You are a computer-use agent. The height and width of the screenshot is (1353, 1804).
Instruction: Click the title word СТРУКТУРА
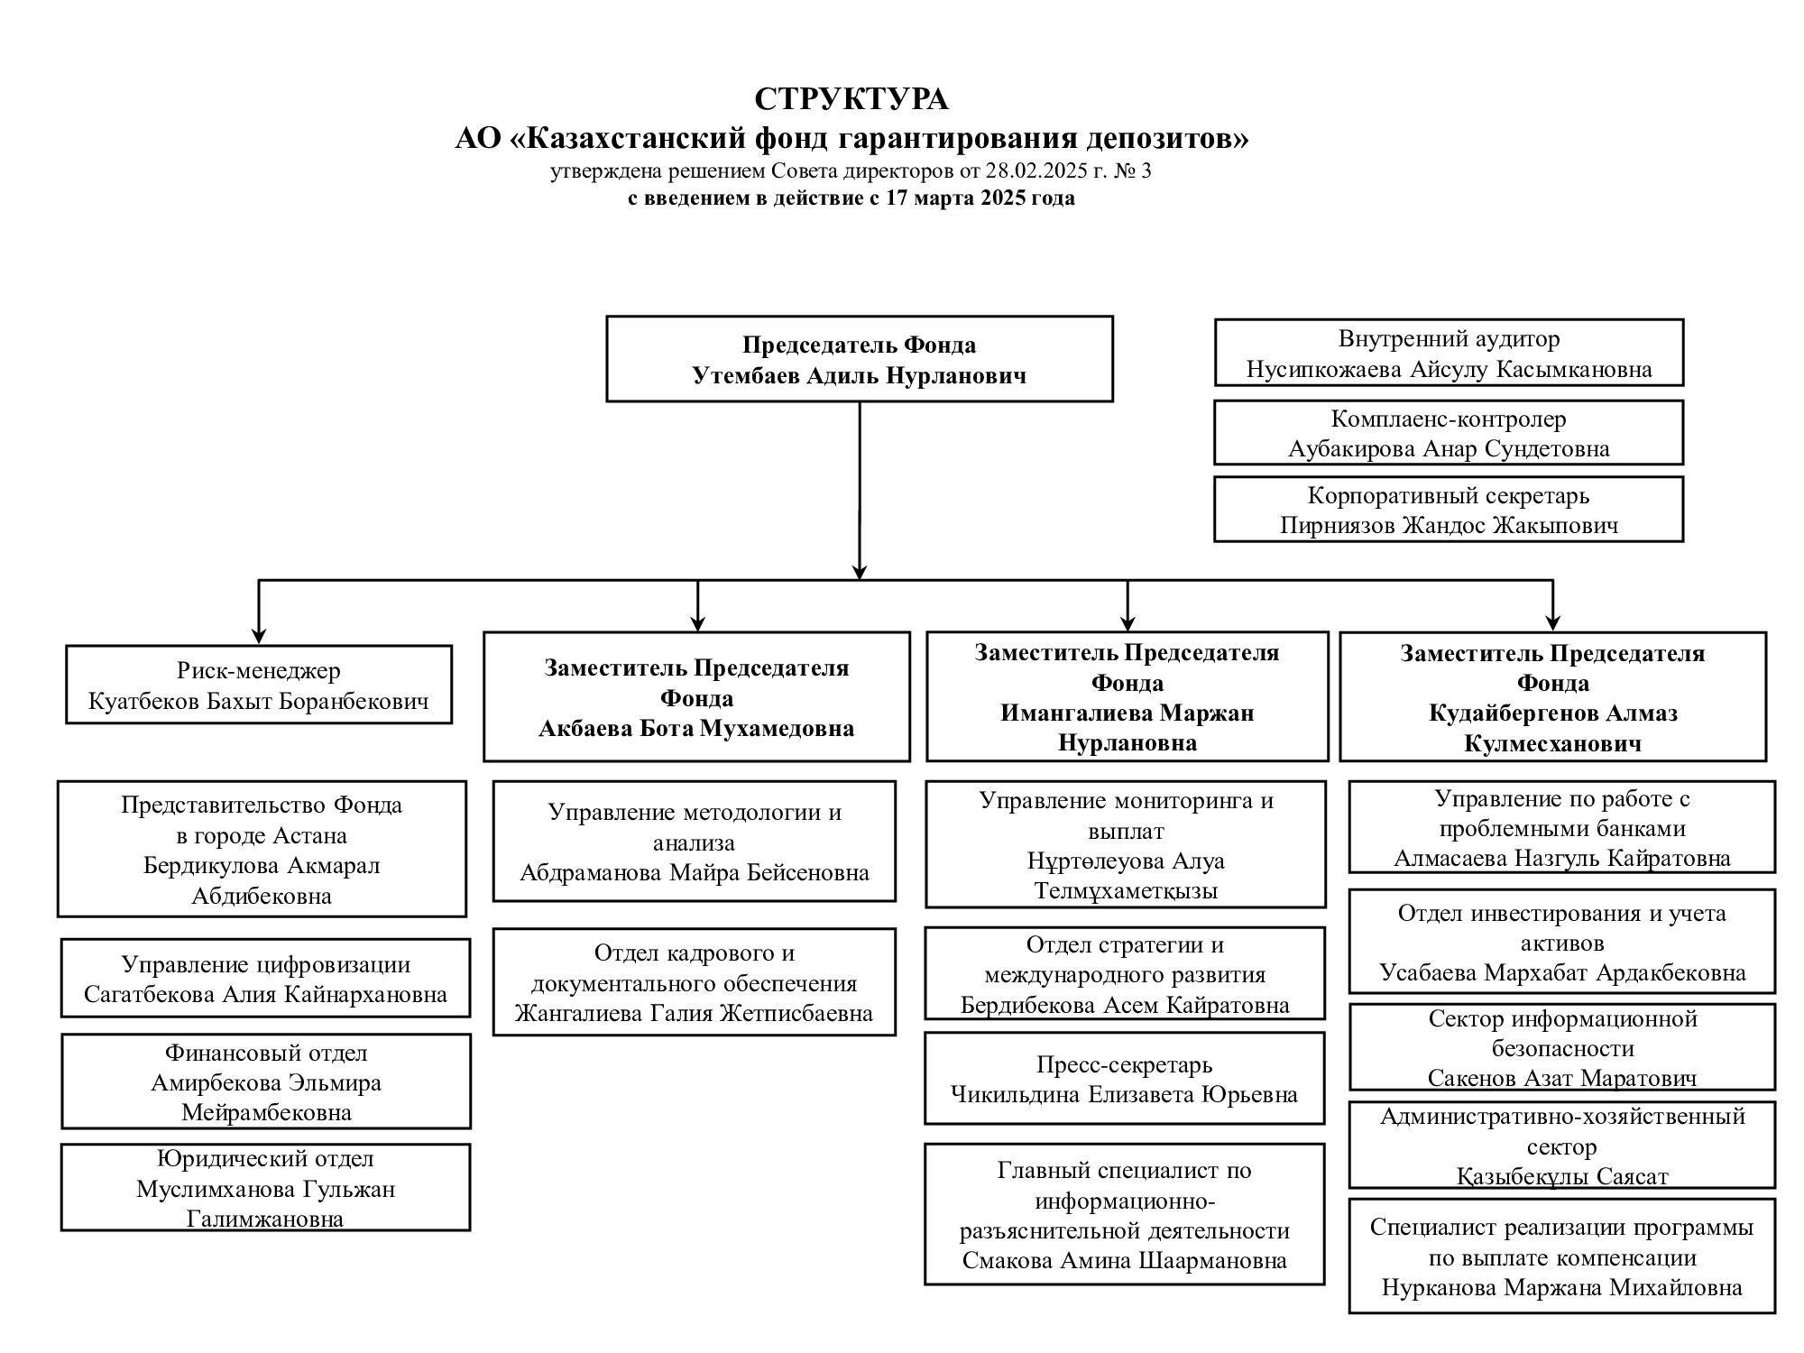point(851,98)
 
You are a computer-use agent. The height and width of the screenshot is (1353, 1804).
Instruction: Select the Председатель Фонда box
point(860,359)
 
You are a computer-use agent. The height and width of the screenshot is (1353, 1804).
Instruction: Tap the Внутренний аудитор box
point(1449,353)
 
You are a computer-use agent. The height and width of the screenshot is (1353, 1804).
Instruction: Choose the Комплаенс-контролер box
point(1449,433)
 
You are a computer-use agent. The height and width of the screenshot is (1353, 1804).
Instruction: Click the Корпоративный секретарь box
point(1449,510)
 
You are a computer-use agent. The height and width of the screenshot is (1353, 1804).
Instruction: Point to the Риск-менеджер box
point(259,685)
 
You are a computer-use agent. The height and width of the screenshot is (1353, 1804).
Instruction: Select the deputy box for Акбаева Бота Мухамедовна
point(696,697)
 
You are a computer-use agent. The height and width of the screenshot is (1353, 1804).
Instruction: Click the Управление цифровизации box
point(266,979)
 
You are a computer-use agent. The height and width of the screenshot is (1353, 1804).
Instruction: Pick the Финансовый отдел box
point(266,1081)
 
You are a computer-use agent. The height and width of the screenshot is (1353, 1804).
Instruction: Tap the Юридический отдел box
point(266,1188)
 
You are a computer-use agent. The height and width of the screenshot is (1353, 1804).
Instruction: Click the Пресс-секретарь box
point(1125,1079)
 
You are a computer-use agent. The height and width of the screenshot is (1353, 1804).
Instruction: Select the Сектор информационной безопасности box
point(1562,1047)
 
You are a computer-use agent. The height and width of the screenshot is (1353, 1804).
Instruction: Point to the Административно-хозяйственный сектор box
point(1562,1145)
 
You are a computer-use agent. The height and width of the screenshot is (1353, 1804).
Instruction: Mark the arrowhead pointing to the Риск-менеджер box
point(259,635)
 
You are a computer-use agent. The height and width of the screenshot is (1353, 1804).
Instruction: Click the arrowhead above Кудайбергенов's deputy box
point(1552,621)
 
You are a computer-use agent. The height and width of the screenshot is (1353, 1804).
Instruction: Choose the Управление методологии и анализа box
point(695,842)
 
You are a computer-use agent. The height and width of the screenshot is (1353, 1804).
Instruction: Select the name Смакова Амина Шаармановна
point(1125,1261)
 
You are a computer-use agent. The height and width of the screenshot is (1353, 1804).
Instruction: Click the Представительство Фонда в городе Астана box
point(262,849)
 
